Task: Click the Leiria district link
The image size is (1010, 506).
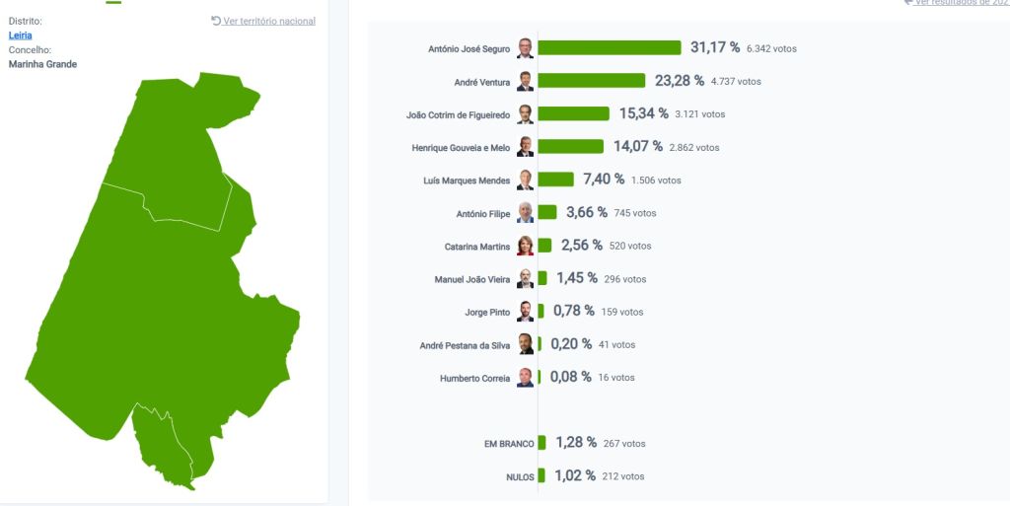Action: (21, 36)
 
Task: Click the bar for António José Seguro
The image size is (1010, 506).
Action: (609, 47)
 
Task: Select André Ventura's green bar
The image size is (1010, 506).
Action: (591, 81)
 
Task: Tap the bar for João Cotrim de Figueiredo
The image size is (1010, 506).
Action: (573, 113)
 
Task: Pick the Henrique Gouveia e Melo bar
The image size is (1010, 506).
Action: (570, 147)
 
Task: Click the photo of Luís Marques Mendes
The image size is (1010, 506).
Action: (526, 180)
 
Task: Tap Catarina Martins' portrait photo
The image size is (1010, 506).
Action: (526, 246)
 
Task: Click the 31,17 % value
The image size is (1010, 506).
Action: (714, 47)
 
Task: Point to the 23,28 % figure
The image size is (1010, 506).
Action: (678, 81)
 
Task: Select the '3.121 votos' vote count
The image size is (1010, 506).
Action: (699, 114)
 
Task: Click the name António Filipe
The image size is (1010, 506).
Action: (483, 213)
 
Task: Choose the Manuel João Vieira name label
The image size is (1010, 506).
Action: (472, 279)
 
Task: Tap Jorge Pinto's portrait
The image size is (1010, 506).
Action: (526, 312)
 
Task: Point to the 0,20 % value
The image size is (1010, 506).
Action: (571, 344)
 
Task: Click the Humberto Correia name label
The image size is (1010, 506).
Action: (475, 378)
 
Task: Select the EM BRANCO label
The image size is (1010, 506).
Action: (509, 444)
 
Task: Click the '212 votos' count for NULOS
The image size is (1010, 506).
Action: (622, 476)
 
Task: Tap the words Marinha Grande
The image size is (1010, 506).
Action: (42, 64)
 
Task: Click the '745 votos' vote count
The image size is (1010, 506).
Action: (634, 213)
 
